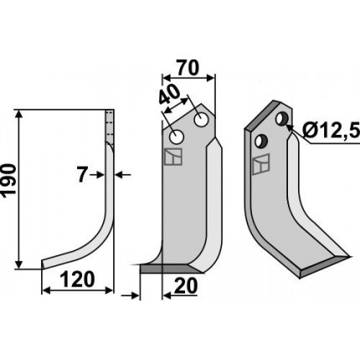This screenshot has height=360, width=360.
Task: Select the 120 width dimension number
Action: click(x=77, y=280)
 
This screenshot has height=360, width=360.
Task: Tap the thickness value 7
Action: click(x=81, y=175)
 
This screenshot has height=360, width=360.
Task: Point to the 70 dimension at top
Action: click(x=188, y=69)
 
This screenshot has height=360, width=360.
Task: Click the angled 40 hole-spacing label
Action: click(x=170, y=95)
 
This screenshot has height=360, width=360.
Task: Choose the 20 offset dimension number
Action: click(x=185, y=285)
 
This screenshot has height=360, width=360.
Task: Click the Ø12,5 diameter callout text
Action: click(x=331, y=131)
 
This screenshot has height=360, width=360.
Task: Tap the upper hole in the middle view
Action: click(x=201, y=120)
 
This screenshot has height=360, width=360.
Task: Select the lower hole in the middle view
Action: click(x=177, y=137)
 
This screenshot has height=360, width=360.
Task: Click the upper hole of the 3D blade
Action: click(x=282, y=119)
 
